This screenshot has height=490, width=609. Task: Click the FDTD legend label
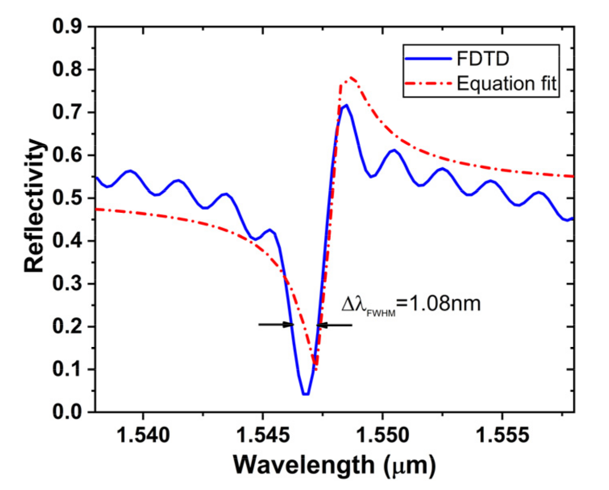pos(483,59)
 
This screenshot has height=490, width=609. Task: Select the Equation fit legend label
pos(506,84)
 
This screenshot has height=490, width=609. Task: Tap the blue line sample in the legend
pos(428,59)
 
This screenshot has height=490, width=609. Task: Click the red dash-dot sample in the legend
pos(428,84)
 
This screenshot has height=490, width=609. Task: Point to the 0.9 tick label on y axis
pos(67,27)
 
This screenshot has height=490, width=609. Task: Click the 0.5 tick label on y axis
pos(67,198)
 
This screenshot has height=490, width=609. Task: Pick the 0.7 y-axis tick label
pos(67,112)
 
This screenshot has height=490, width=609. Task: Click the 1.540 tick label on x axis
pos(143,435)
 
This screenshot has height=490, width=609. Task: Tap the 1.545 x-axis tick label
pos(263,435)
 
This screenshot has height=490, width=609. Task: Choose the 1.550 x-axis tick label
pos(382,435)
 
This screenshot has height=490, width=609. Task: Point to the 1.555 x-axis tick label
pos(502,435)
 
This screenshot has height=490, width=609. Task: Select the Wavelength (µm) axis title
pos(334,465)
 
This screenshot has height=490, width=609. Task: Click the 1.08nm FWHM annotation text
pos(411,304)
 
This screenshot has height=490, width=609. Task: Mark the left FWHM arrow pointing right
pos(276,324)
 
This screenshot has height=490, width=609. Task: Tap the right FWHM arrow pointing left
pos(334,325)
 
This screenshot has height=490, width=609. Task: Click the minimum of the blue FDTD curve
pos(306,394)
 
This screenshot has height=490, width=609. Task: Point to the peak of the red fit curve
pos(351,77)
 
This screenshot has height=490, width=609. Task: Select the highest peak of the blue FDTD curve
pos(346,105)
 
